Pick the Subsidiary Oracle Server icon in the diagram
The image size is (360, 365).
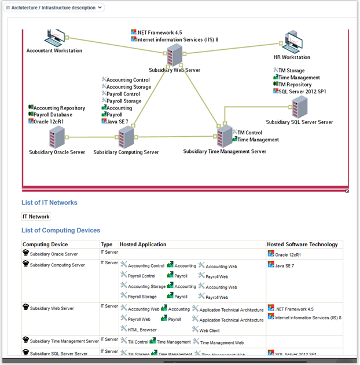click(57, 138)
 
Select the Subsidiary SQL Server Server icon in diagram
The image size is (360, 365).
click(299, 108)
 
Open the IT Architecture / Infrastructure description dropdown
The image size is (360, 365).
click(56, 8)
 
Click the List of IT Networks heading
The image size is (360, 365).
click(49, 203)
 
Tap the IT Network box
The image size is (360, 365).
click(36, 217)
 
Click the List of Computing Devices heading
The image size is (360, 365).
click(61, 231)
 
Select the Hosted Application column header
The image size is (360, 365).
click(143, 244)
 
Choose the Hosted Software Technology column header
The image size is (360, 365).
click(302, 244)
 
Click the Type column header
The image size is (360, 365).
click(106, 244)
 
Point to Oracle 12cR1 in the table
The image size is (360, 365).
click(288, 255)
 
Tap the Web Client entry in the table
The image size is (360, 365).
click(209, 330)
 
